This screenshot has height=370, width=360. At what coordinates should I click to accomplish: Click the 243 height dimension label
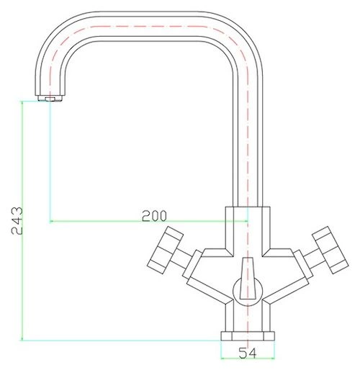pos(17,220)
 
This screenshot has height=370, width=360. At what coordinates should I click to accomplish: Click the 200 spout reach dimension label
pos(154,216)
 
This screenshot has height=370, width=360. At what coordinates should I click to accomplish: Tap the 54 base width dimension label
pos(248,353)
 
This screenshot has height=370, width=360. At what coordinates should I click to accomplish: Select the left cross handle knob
pos(165,247)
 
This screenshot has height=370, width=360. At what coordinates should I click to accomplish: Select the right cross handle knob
pos(330,250)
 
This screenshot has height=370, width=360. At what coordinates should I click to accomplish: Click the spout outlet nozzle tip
pos(50,99)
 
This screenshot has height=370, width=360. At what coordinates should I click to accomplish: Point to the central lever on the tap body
pos(248,279)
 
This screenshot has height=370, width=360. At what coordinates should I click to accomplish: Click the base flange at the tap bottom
pos(248,336)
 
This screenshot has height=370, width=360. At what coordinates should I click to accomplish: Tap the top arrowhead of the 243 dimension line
pos(22,102)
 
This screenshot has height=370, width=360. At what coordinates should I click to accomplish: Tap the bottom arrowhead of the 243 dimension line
pos(22,339)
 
